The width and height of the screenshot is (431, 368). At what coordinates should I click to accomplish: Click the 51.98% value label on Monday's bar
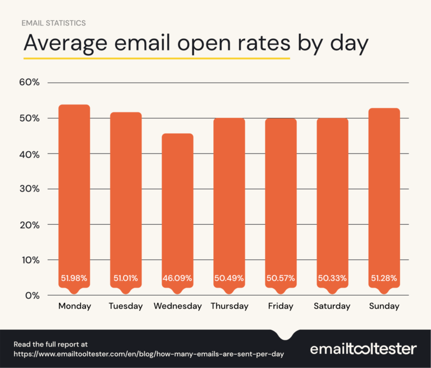(x=74, y=278)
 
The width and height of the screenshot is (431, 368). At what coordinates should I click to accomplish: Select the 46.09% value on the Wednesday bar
(x=177, y=278)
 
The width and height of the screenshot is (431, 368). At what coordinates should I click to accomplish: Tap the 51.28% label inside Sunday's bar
(x=384, y=278)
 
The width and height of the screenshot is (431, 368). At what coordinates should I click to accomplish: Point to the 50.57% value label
(x=281, y=278)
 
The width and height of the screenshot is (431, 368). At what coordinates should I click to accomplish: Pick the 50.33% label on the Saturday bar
(x=332, y=278)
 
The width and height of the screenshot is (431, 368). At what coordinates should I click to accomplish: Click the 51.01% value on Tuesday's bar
(x=126, y=278)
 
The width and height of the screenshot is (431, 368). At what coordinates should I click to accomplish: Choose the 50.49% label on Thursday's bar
(x=229, y=278)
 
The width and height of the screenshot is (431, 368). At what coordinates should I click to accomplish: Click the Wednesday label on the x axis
(x=177, y=306)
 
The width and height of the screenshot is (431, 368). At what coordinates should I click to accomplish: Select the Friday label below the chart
(x=281, y=306)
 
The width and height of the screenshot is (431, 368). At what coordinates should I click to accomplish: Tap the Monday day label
(x=74, y=306)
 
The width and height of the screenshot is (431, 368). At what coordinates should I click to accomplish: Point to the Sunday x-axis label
(x=384, y=306)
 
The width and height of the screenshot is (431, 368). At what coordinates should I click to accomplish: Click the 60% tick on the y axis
(x=29, y=83)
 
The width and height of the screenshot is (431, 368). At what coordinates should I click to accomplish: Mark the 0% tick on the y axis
(x=32, y=296)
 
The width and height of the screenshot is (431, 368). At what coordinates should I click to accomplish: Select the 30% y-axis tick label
(x=29, y=189)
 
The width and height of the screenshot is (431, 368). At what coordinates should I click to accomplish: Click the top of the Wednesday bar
(x=177, y=134)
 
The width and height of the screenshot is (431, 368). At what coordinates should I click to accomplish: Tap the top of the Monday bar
(x=74, y=106)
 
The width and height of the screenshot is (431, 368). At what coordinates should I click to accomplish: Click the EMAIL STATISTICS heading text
(x=54, y=23)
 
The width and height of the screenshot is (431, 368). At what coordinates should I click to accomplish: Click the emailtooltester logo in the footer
(x=363, y=349)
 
